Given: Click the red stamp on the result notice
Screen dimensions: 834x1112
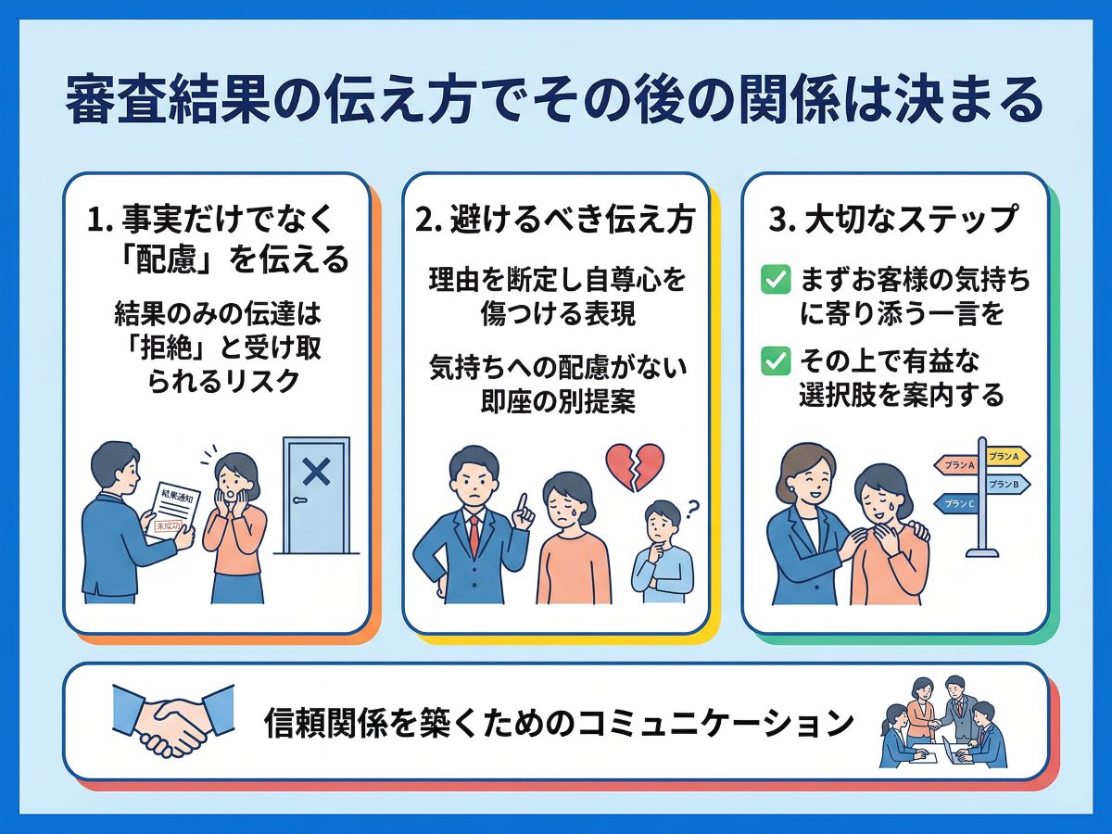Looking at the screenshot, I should (x=169, y=526).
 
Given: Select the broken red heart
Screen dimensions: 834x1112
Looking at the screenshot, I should (x=635, y=466).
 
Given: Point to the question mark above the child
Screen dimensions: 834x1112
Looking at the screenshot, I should (x=690, y=506).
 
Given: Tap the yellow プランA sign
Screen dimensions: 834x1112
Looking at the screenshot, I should (x=1006, y=457).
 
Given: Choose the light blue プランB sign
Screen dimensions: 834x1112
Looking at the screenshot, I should (x=1005, y=484).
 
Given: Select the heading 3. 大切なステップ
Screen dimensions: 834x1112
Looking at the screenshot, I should (x=895, y=221).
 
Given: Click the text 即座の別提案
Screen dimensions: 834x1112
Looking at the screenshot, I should (x=556, y=400).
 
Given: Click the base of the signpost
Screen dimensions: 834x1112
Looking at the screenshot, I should (x=982, y=552).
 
